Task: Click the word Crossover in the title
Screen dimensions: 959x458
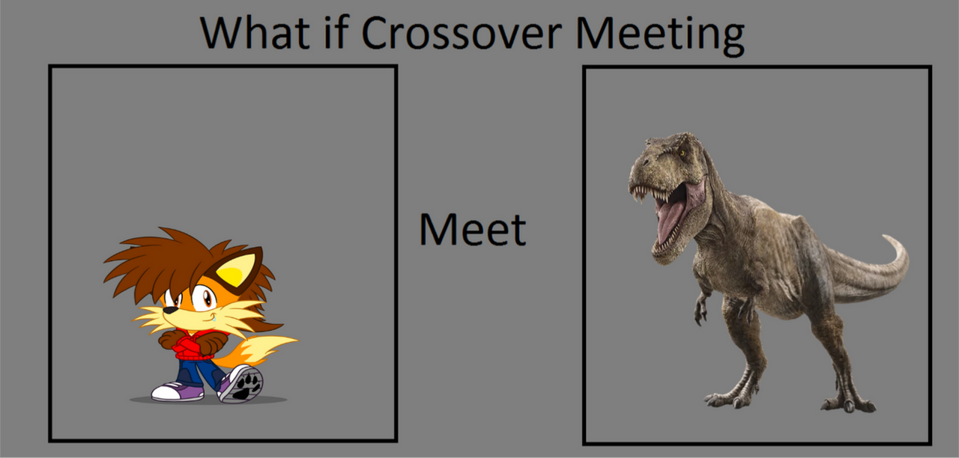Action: (x=462, y=33)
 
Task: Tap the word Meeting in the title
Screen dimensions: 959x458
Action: (x=660, y=36)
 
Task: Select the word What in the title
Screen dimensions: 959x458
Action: (x=255, y=32)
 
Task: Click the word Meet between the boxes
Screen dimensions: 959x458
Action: (x=473, y=229)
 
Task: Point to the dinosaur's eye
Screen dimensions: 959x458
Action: (x=682, y=153)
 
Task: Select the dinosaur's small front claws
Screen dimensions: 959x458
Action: (x=701, y=311)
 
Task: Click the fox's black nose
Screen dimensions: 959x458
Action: (x=170, y=310)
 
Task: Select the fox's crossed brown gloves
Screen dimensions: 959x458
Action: (x=193, y=341)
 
